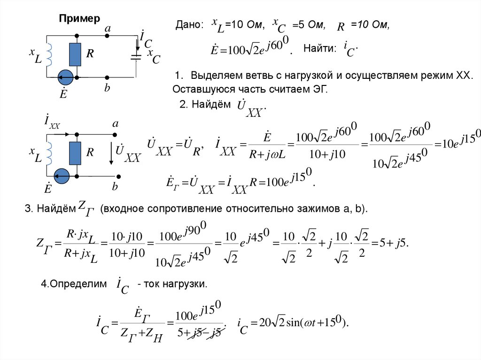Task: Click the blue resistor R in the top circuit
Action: coord(75,54)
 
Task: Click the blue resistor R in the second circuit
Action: coord(75,153)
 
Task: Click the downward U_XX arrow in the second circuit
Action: coord(111,155)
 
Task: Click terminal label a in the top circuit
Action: coord(108,29)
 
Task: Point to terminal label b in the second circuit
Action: coord(114,186)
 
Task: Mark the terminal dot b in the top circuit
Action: coord(108,77)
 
